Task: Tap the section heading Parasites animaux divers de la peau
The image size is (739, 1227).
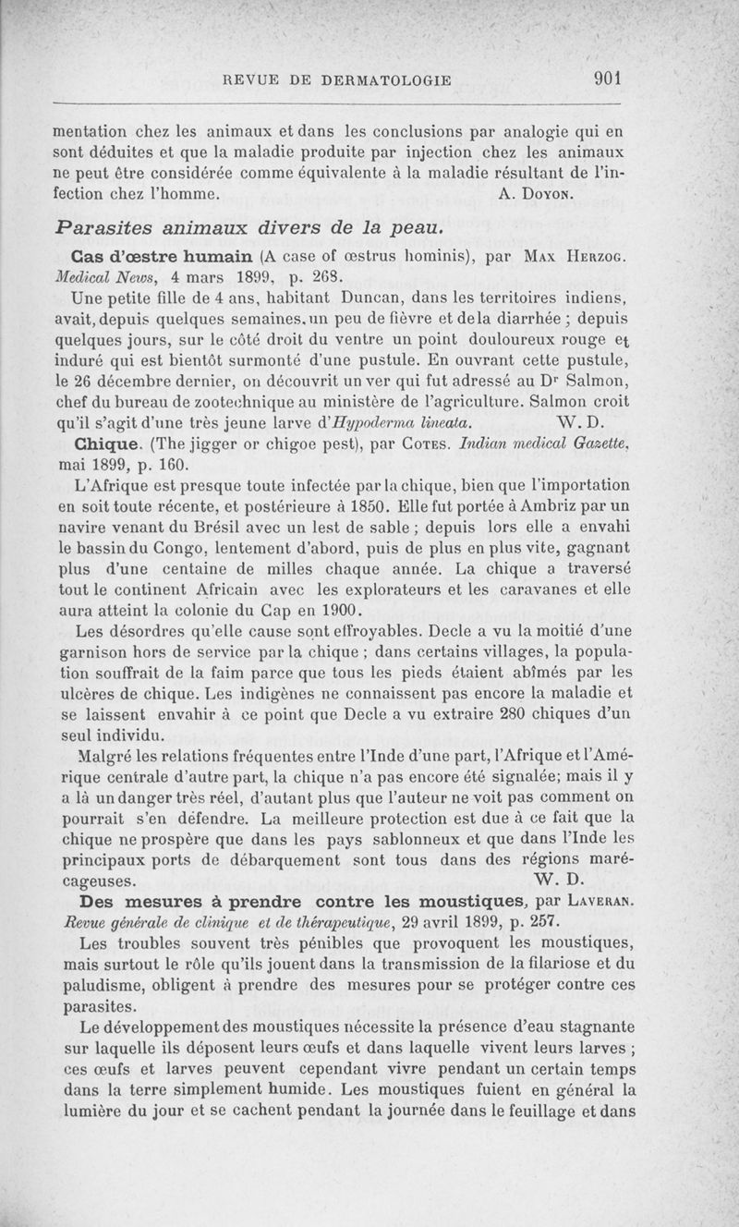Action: [242, 227]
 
